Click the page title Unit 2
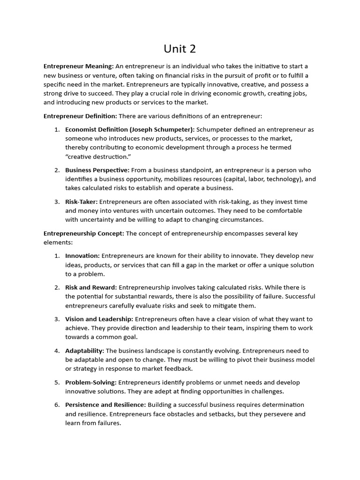click(x=180, y=49)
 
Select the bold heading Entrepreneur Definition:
click(x=80, y=116)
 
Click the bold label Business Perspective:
click(x=97, y=170)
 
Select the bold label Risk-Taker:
click(x=82, y=202)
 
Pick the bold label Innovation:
click(x=82, y=256)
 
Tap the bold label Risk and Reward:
click(x=91, y=287)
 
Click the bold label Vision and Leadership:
click(x=99, y=319)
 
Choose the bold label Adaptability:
click(x=85, y=351)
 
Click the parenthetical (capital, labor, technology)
click(x=262, y=179)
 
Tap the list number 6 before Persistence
click(x=56, y=405)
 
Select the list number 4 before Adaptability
click(x=56, y=351)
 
